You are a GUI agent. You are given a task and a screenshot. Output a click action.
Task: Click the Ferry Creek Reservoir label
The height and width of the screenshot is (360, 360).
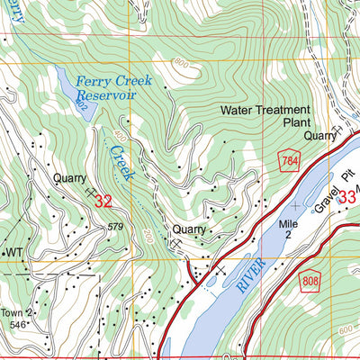113,87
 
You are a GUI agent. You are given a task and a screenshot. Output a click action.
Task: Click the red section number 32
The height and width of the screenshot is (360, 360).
103,202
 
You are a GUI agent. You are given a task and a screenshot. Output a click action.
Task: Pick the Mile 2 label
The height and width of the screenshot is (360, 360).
287,229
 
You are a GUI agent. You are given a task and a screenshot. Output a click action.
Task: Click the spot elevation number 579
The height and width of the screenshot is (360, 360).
114,226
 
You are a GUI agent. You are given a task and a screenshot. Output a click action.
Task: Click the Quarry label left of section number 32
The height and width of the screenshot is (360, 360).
71,177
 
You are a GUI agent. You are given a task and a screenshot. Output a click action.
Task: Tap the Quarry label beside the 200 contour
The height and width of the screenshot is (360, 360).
190,229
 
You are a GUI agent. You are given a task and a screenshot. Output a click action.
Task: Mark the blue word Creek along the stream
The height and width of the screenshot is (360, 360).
121,159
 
